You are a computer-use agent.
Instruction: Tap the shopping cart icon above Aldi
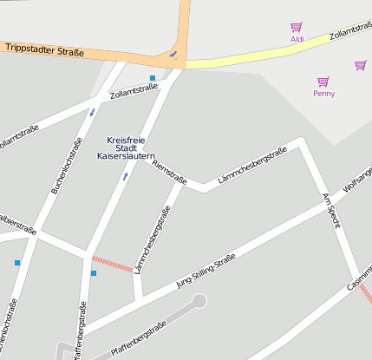click(x=297, y=28)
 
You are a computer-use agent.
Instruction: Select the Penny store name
click(x=323, y=93)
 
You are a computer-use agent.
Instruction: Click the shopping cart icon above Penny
click(x=323, y=82)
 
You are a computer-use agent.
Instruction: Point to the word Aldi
click(x=297, y=39)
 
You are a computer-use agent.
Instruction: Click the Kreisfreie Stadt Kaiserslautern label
click(x=127, y=147)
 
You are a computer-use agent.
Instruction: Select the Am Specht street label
click(x=331, y=211)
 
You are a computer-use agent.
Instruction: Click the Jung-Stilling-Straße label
click(x=206, y=271)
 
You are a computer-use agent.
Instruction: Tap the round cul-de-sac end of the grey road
click(x=199, y=301)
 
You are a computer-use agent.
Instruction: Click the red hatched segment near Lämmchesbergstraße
click(x=112, y=264)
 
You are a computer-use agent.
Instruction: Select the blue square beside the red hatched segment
click(x=94, y=274)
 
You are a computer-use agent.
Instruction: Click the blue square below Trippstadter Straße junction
click(x=153, y=78)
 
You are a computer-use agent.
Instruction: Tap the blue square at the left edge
click(x=16, y=262)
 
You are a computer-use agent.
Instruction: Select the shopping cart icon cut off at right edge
click(x=360, y=65)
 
